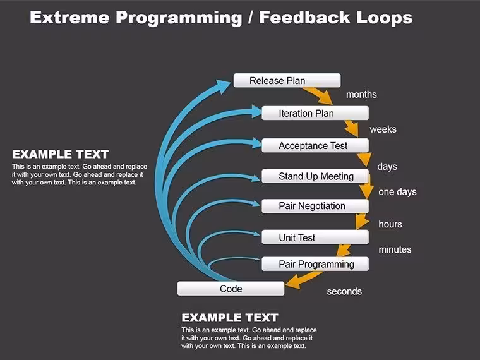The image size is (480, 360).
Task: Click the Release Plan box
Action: coord(287,80)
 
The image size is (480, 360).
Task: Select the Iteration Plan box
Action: coord(315,113)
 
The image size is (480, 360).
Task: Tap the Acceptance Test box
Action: coord(315,145)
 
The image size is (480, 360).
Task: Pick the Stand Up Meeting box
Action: coord(315,176)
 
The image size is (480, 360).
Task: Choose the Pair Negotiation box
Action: coord(315,206)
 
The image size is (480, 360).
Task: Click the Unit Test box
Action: coord(315,237)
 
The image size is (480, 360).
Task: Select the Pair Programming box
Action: coord(315,264)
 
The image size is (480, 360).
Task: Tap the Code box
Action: coord(231,289)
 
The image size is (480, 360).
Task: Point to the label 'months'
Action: coord(361,95)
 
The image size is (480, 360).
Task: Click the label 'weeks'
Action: coord(383,129)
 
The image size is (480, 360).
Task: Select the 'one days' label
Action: coord(397,192)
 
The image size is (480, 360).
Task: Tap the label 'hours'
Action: coord(390,224)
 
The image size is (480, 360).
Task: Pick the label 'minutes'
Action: coord(395,249)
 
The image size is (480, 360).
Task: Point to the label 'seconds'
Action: coord(344,291)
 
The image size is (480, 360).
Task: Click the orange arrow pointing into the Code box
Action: coord(303,280)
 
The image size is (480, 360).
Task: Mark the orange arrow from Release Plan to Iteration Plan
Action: coord(318,95)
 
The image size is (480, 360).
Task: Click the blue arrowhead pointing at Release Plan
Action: coord(222,87)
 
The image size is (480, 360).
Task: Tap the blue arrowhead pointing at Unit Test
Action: coord(256,234)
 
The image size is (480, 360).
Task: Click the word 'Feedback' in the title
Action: coord(305,18)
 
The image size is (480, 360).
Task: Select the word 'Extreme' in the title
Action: coord(69,18)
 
